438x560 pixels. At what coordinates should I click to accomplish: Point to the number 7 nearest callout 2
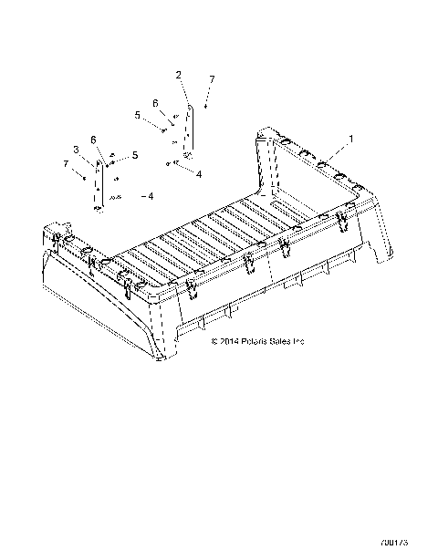(x=212, y=81)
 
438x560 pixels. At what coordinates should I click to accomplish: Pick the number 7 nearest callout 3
(x=66, y=163)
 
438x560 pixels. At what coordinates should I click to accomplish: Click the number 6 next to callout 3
(x=93, y=140)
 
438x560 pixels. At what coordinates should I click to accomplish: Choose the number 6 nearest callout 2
(x=155, y=102)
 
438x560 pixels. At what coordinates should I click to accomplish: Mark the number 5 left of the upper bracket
(x=138, y=116)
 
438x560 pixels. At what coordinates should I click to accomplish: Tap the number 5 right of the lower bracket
(x=134, y=156)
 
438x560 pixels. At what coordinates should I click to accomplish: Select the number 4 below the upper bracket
(x=199, y=173)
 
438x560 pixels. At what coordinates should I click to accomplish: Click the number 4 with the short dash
(x=151, y=196)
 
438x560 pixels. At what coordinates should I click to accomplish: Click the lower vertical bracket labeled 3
(x=99, y=182)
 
